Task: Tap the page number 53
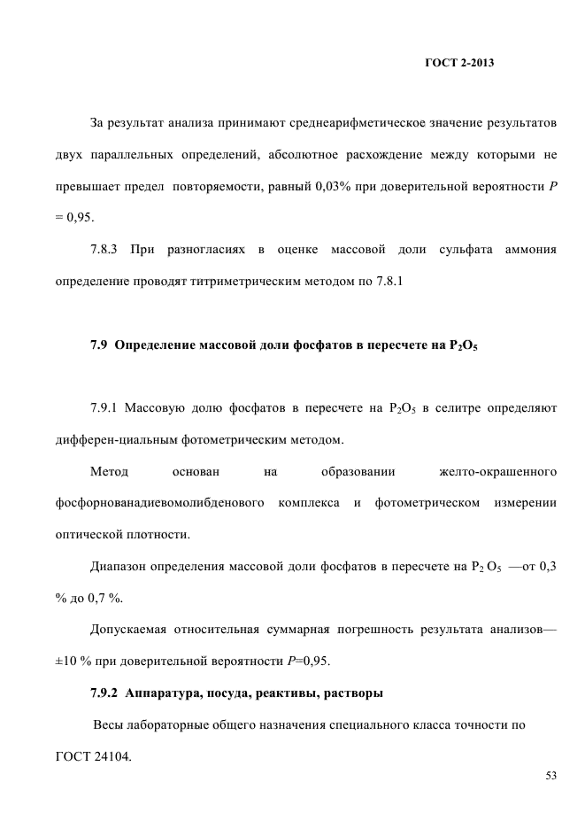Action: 550,776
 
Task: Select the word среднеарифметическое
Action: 364,122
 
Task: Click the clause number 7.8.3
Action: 107,250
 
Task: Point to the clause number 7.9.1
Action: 107,408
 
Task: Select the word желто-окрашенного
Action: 498,472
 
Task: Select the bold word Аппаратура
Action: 165,693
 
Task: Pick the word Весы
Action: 110,725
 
